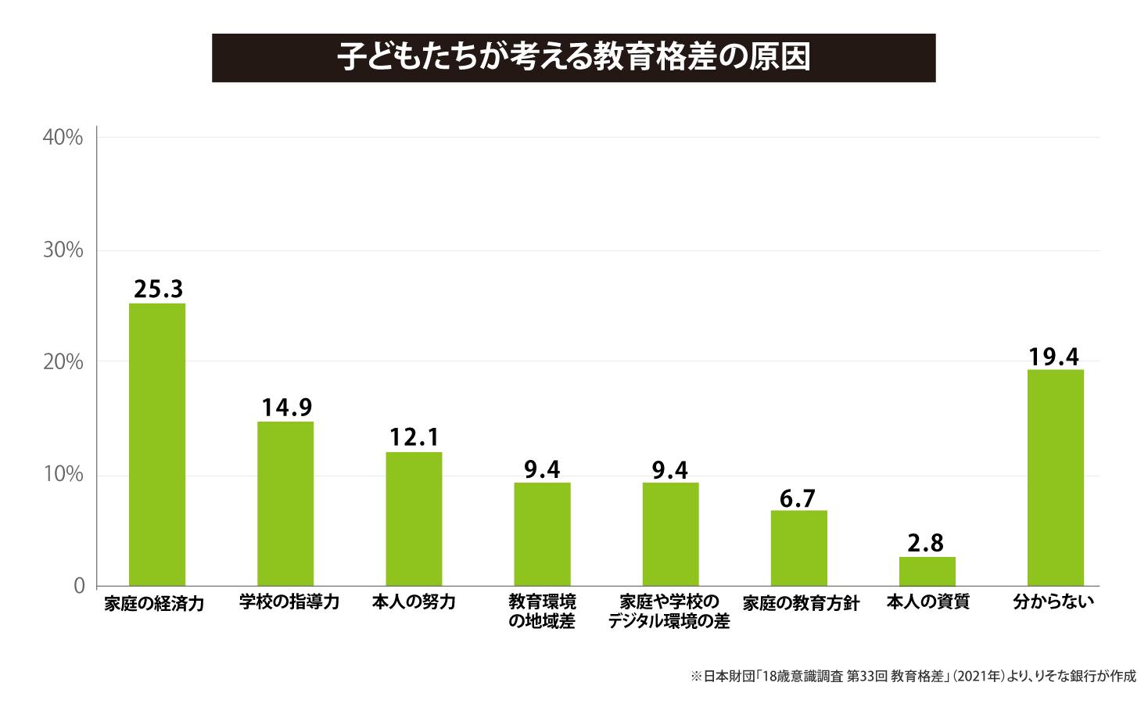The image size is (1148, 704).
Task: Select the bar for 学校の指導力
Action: click(x=285, y=504)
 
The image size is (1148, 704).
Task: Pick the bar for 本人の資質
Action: click(x=927, y=571)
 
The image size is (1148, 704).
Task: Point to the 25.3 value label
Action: click(x=158, y=289)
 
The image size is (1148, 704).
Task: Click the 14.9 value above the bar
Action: click(x=286, y=408)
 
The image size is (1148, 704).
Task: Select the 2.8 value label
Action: click(x=926, y=542)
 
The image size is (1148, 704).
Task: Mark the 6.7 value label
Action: click(x=798, y=498)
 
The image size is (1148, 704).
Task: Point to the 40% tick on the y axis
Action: click(x=63, y=138)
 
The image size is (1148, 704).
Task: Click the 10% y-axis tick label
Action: click(x=63, y=475)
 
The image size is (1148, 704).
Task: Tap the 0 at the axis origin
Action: click(x=79, y=586)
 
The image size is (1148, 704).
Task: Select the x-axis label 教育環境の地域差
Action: click(x=542, y=612)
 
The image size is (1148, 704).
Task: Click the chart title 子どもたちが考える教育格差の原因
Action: click(x=573, y=58)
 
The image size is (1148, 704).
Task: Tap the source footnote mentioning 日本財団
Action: click(x=913, y=677)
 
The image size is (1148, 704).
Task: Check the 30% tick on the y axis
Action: click(x=63, y=250)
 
